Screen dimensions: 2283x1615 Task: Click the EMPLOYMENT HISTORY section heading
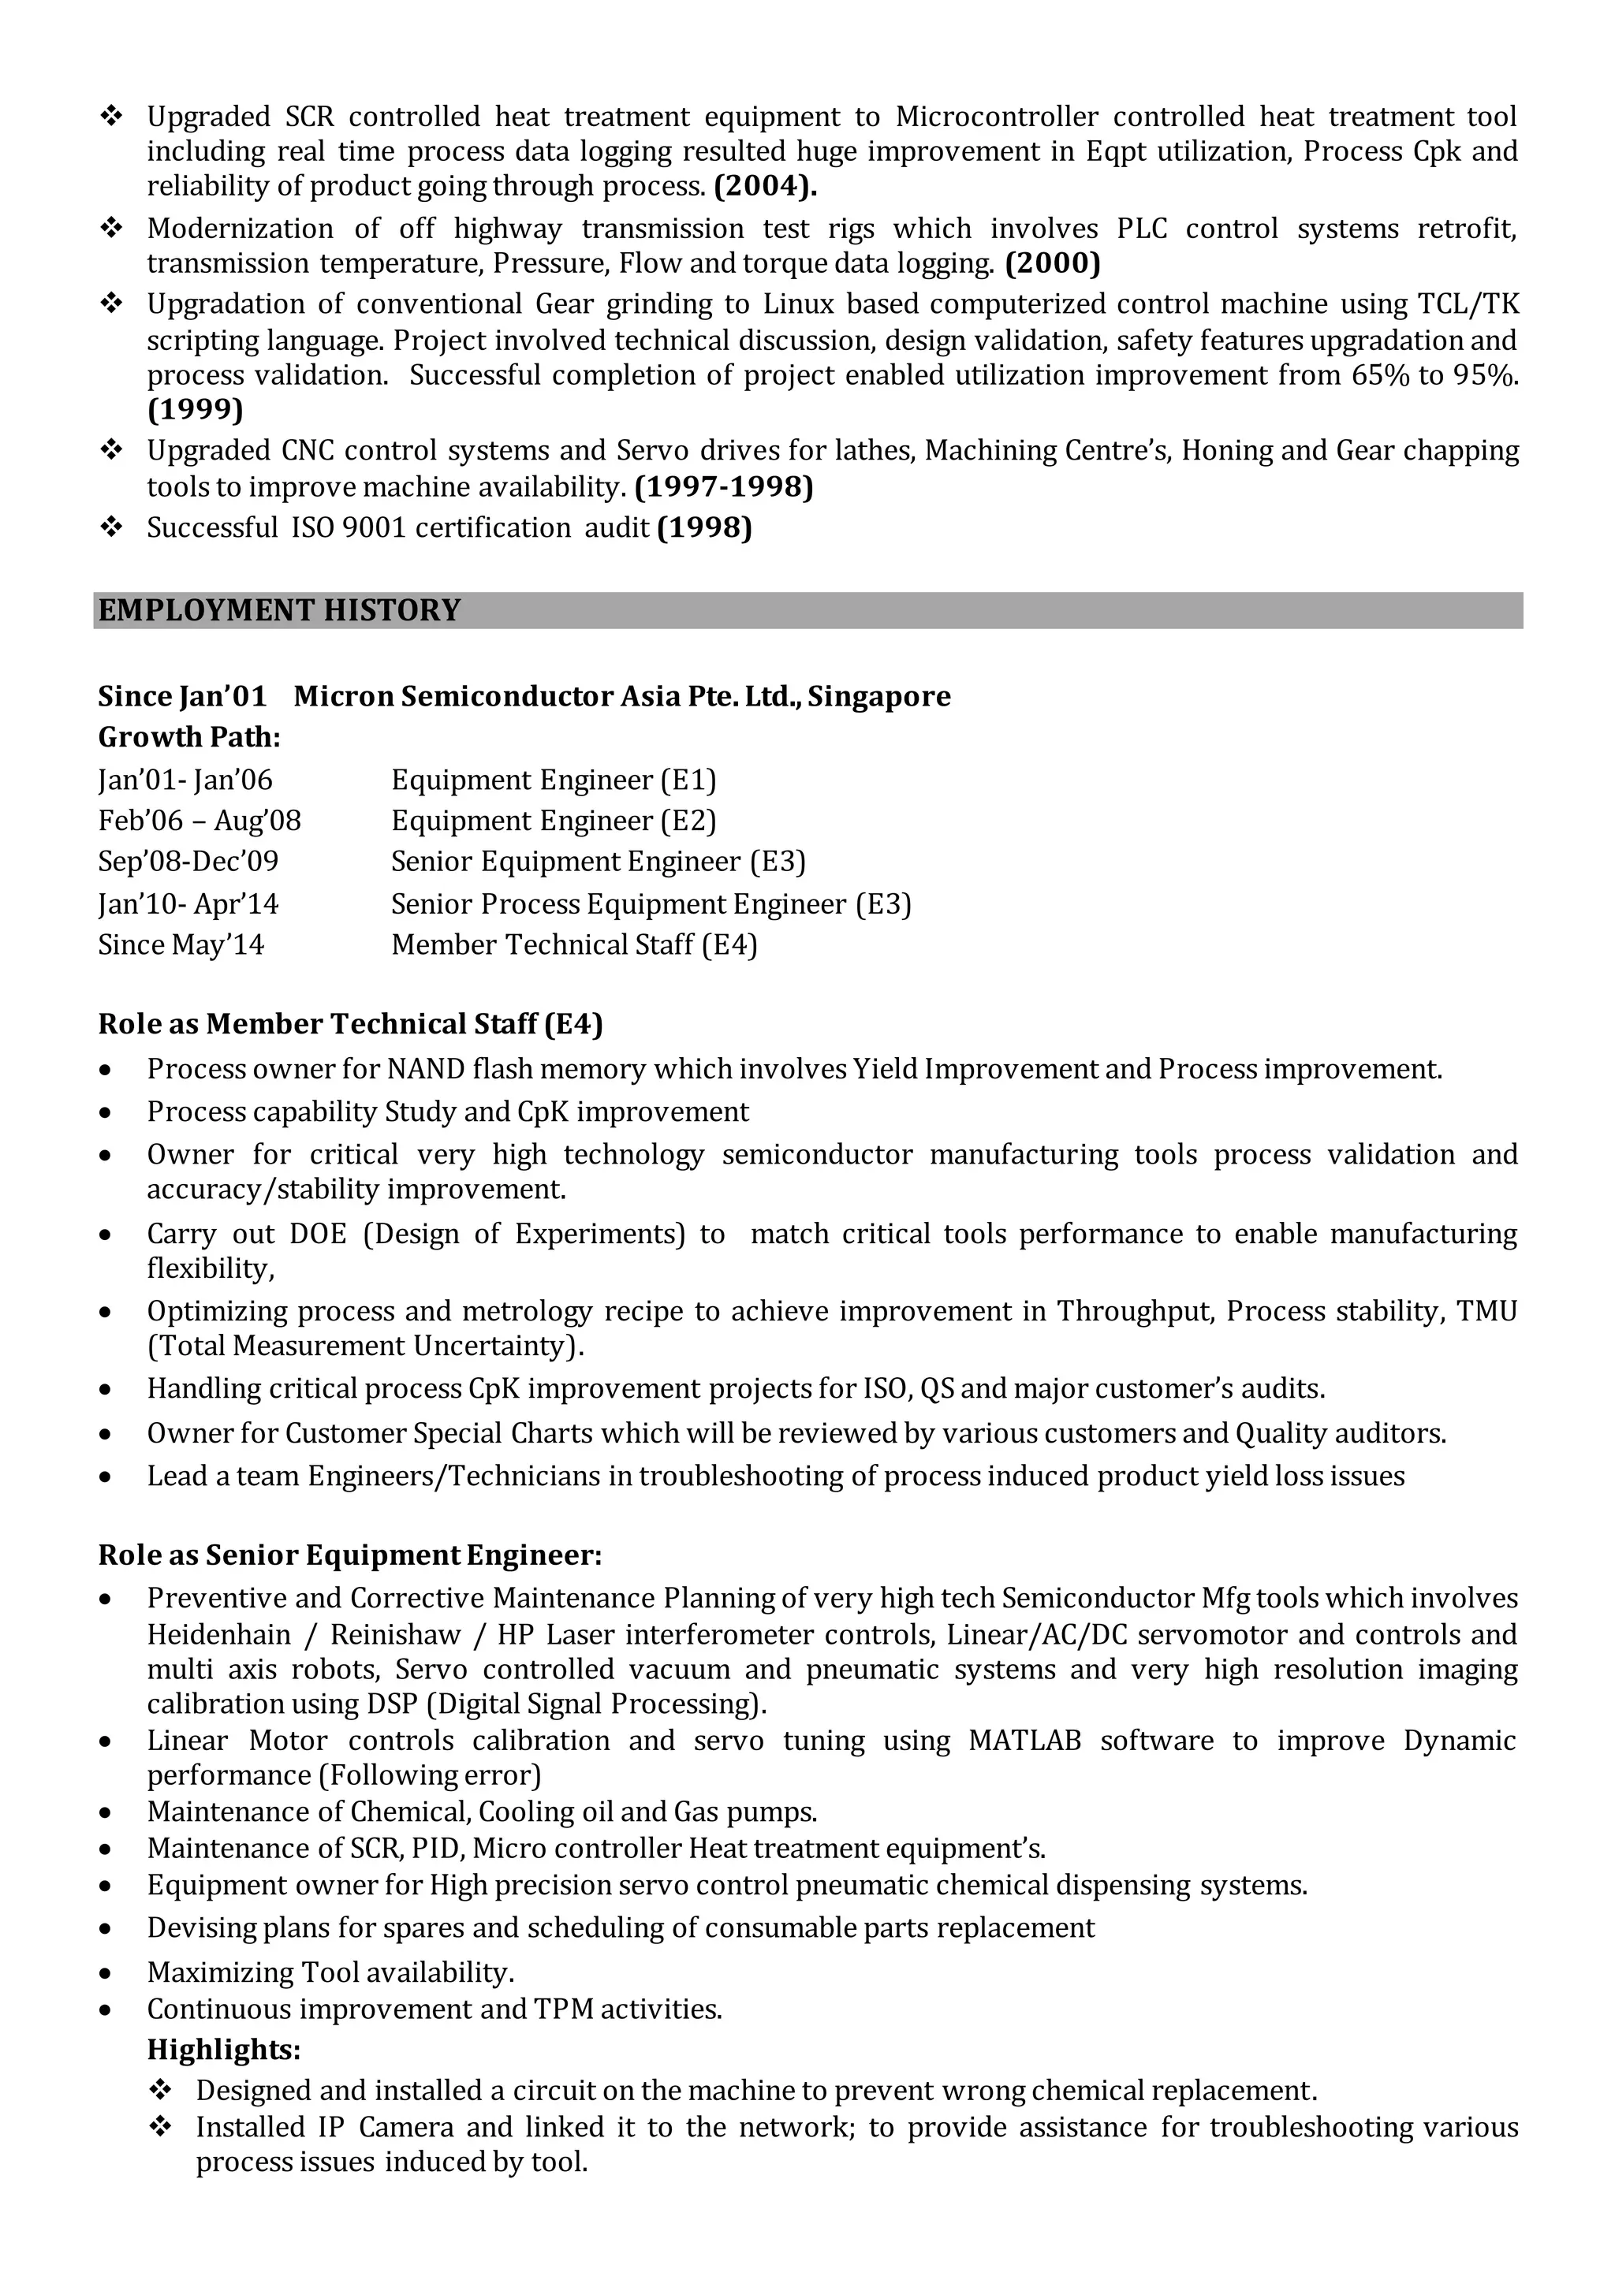point(279,610)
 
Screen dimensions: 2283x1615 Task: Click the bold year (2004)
point(765,186)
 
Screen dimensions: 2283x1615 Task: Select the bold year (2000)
point(1053,263)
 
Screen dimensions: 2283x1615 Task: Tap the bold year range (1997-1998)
point(724,487)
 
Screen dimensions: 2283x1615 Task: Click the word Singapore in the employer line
point(879,696)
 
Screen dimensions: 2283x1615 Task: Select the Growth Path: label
point(189,737)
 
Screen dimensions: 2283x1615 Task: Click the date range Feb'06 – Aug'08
point(199,821)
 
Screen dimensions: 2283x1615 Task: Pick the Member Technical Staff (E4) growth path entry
point(574,944)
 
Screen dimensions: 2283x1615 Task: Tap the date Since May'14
point(181,944)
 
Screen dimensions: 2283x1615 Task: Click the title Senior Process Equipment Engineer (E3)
point(651,904)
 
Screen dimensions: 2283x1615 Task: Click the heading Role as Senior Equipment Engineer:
point(350,1555)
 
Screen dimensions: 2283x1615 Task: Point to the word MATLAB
point(1024,1741)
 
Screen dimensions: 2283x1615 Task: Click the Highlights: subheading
point(224,2050)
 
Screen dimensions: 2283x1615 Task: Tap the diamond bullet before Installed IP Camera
point(160,2127)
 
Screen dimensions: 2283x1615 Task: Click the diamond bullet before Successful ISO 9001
point(111,527)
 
